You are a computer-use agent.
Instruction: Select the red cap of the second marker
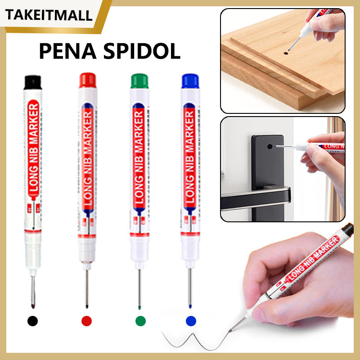tap(86, 81)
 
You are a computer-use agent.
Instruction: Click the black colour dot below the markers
tap(32, 321)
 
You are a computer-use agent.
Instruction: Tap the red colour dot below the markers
tap(86, 321)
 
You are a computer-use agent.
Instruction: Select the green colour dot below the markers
tap(141, 321)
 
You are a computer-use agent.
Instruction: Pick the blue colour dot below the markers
tap(191, 321)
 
